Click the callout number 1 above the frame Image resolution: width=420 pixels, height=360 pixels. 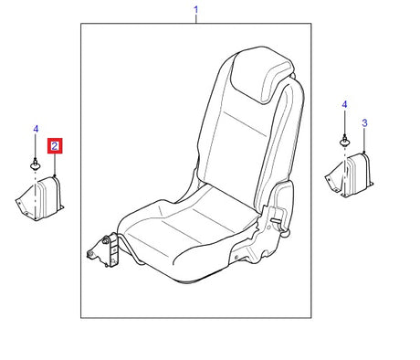pyautogui.click(x=196, y=10)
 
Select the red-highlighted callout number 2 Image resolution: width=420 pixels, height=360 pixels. pyautogui.click(x=55, y=146)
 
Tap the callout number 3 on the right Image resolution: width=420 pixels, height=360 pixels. pyautogui.click(x=364, y=123)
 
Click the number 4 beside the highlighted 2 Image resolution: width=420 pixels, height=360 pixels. pyautogui.click(x=36, y=129)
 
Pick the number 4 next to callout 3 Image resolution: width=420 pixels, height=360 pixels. pyautogui.click(x=344, y=105)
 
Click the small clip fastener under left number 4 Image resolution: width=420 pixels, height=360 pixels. pyautogui.click(x=36, y=164)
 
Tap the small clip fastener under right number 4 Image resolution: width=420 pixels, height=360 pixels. pyautogui.click(x=344, y=142)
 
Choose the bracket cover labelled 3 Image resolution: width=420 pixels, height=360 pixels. pyautogui.click(x=349, y=175)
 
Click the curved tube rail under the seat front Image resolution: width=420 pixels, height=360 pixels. pyautogui.click(x=130, y=249)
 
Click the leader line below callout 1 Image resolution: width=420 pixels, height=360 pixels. pyautogui.click(x=196, y=19)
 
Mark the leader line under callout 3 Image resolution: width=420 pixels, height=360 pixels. pyautogui.click(x=364, y=140)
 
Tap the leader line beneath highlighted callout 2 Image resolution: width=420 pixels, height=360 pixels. pyautogui.click(x=55, y=165)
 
